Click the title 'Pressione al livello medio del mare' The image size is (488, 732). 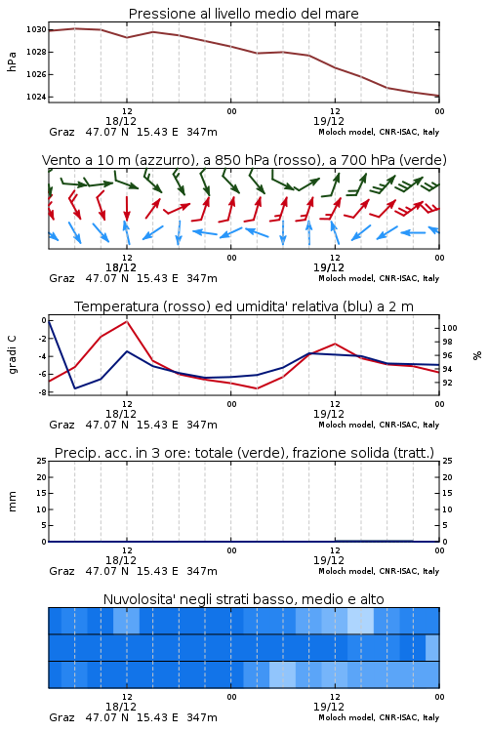[243, 14]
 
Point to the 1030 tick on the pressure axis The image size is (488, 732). [36, 29]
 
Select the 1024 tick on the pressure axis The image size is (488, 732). [36, 97]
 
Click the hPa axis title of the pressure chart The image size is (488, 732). [12, 61]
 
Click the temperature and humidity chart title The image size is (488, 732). [244, 306]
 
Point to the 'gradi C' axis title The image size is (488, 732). [12, 355]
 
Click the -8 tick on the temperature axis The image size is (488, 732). [43, 392]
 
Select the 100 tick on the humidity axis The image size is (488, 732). [449, 328]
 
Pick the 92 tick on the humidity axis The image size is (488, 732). [447, 383]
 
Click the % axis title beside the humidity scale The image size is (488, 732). [477, 355]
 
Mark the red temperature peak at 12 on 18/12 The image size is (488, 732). [127, 321]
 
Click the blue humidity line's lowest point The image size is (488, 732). [75, 388]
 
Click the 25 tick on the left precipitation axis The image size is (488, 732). [42, 461]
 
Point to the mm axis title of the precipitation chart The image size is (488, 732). [12, 502]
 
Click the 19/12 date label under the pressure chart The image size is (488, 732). [329, 121]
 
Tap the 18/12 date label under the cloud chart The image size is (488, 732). [121, 707]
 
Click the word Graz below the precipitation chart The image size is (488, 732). [61, 571]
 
